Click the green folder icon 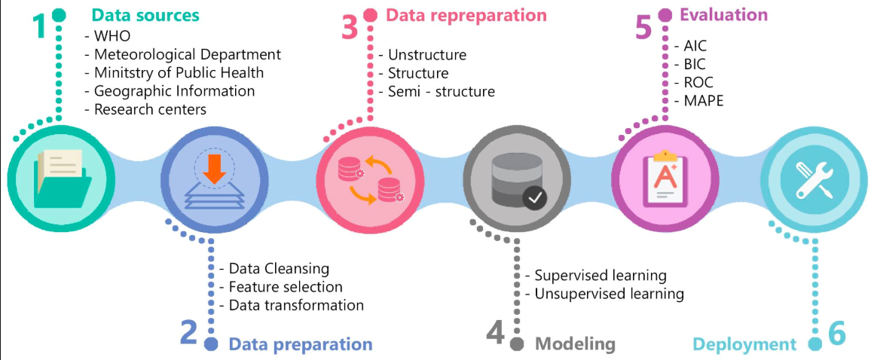pos(63,179)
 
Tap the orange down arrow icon pos(215,170)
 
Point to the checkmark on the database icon pos(536,198)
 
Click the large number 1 pos(43,26)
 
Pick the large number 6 pos(837,334)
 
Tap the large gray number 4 pos(495,334)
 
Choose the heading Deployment pos(744,344)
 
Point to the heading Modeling pos(575,344)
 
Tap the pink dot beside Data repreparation pos(371,15)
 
